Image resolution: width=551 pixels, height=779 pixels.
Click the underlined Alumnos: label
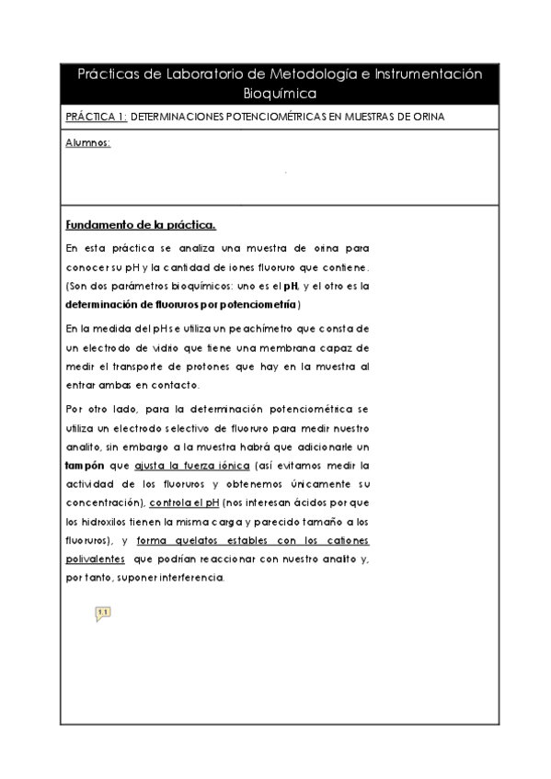click(x=88, y=143)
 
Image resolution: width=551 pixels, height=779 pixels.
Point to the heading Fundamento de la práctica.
click(x=141, y=225)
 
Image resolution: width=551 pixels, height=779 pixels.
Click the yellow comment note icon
click(x=102, y=613)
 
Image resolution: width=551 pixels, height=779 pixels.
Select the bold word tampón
click(x=85, y=466)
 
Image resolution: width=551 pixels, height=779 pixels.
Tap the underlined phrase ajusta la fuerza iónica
click(x=192, y=466)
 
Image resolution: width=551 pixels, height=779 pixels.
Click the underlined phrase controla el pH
click(x=185, y=504)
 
